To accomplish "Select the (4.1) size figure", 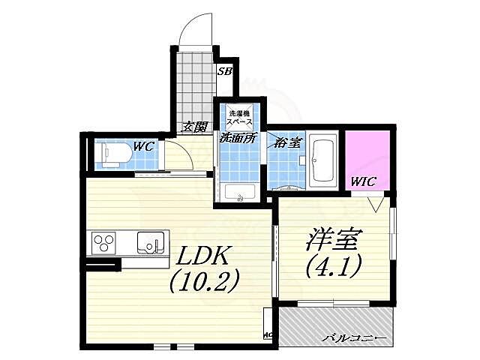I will pos(334,265).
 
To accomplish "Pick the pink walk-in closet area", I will pos(366,157).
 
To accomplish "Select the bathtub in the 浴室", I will pos(324,160).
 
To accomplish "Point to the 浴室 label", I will pos(288,139).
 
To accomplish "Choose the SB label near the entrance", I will pos(224,73).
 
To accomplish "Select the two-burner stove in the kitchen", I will pos(104,243).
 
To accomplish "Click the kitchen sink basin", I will pos(150,243).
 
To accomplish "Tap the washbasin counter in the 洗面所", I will pos(240,193).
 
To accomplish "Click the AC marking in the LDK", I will pos(267,335).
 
